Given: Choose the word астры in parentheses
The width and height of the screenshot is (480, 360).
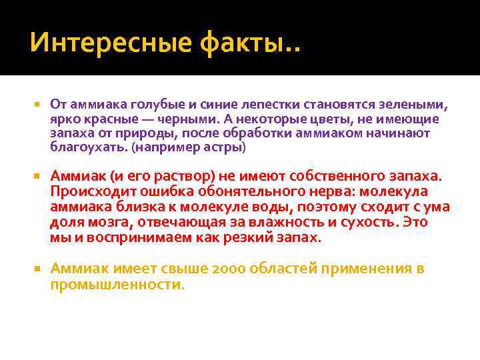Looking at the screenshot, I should click(226, 147).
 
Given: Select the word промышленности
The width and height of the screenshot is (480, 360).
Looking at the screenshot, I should click(115, 284).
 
